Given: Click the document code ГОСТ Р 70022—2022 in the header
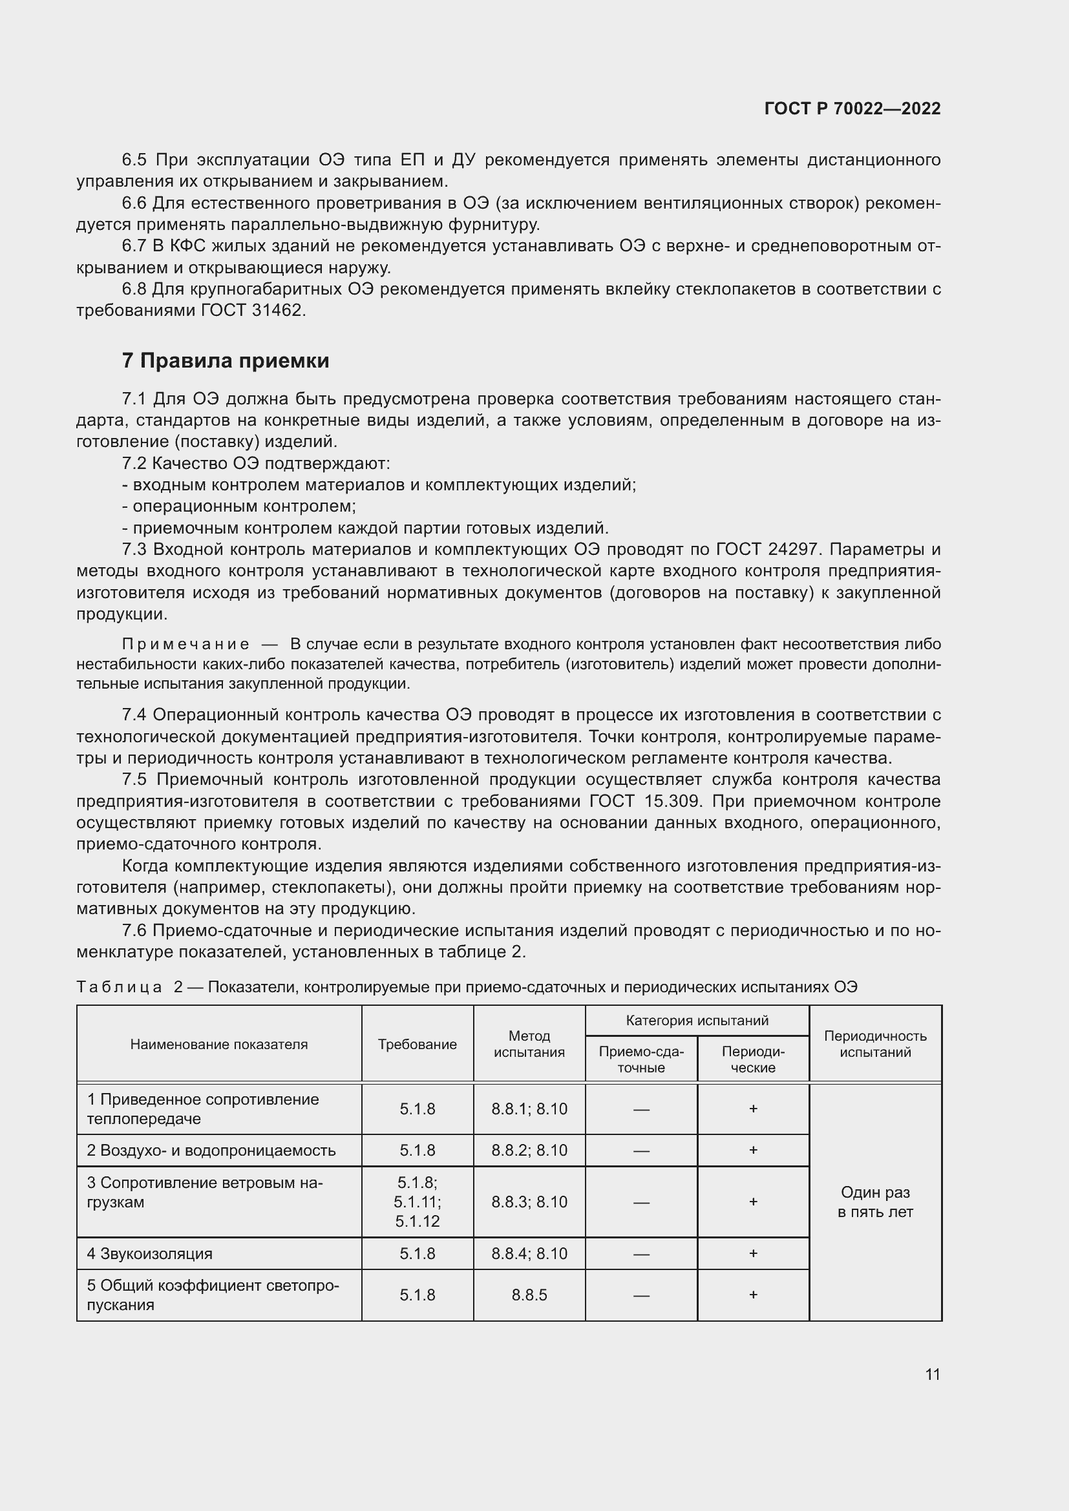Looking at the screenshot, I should (x=852, y=109).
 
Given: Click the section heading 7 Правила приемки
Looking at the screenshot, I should (x=225, y=360).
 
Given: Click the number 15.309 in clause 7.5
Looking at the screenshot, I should (x=670, y=801).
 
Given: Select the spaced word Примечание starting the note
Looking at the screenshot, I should (x=185, y=643).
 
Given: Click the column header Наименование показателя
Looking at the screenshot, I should (x=218, y=1045).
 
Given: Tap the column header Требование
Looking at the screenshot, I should (x=418, y=1045).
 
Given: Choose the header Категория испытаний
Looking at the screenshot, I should (x=697, y=1021).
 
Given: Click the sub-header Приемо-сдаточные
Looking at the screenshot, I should (x=641, y=1059).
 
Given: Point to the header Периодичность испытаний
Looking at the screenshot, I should (x=875, y=1044).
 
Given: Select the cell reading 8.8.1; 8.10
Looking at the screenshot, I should (x=529, y=1109).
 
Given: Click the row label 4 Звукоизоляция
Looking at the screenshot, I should (x=149, y=1254).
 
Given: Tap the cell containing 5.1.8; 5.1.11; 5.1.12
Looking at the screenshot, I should (x=418, y=1202).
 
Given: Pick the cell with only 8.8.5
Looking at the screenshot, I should (x=529, y=1295).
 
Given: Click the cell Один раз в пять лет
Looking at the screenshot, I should (x=875, y=1202).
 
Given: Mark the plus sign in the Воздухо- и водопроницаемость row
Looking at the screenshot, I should (x=753, y=1150).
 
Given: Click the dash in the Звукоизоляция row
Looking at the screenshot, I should (x=641, y=1255).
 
